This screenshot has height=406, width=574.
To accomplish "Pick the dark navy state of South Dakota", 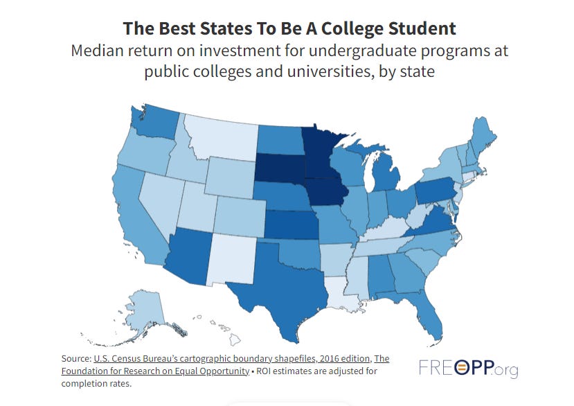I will pos(280,166).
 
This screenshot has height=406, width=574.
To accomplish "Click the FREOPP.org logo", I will pos(468,368).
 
